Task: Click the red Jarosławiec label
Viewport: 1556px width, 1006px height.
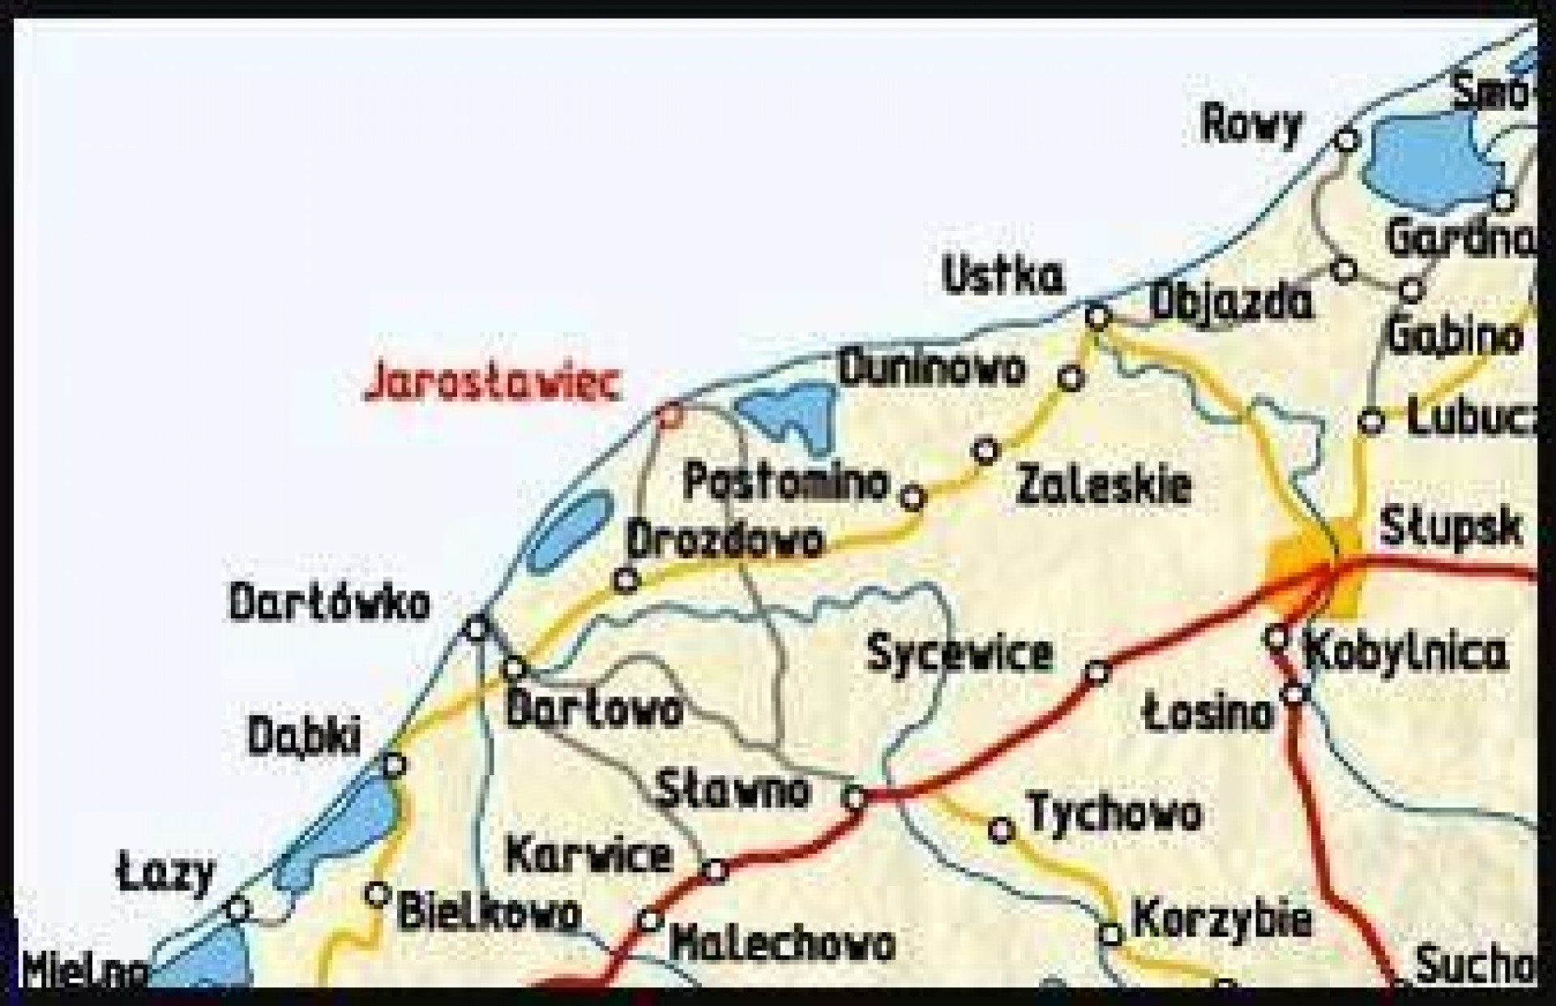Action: [x=492, y=383]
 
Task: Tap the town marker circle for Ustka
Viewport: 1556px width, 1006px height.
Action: [x=1097, y=317]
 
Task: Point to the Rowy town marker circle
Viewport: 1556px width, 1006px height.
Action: [x=1346, y=141]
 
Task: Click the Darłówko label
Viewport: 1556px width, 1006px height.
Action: [x=329, y=603]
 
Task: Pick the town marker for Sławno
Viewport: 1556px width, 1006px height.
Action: [x=855, y=798]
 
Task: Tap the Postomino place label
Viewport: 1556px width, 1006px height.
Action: [x=786, y=482]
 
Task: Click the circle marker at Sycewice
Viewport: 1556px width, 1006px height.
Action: [x=1096, y=672]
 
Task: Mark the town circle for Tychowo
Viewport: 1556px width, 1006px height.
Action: [x=1002, y=830]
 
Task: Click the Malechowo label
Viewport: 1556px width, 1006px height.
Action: [x=784, y=944]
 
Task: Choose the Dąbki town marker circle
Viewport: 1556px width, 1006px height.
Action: [x=394, y=764]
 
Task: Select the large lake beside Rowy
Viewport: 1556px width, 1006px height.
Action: [x=1430, y=158]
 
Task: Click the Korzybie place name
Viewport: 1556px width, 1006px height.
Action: [x=1221, y=919]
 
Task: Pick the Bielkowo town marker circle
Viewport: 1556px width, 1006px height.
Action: [x=377, y=894]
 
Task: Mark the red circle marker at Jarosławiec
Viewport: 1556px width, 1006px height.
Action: [x=670, y=416]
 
